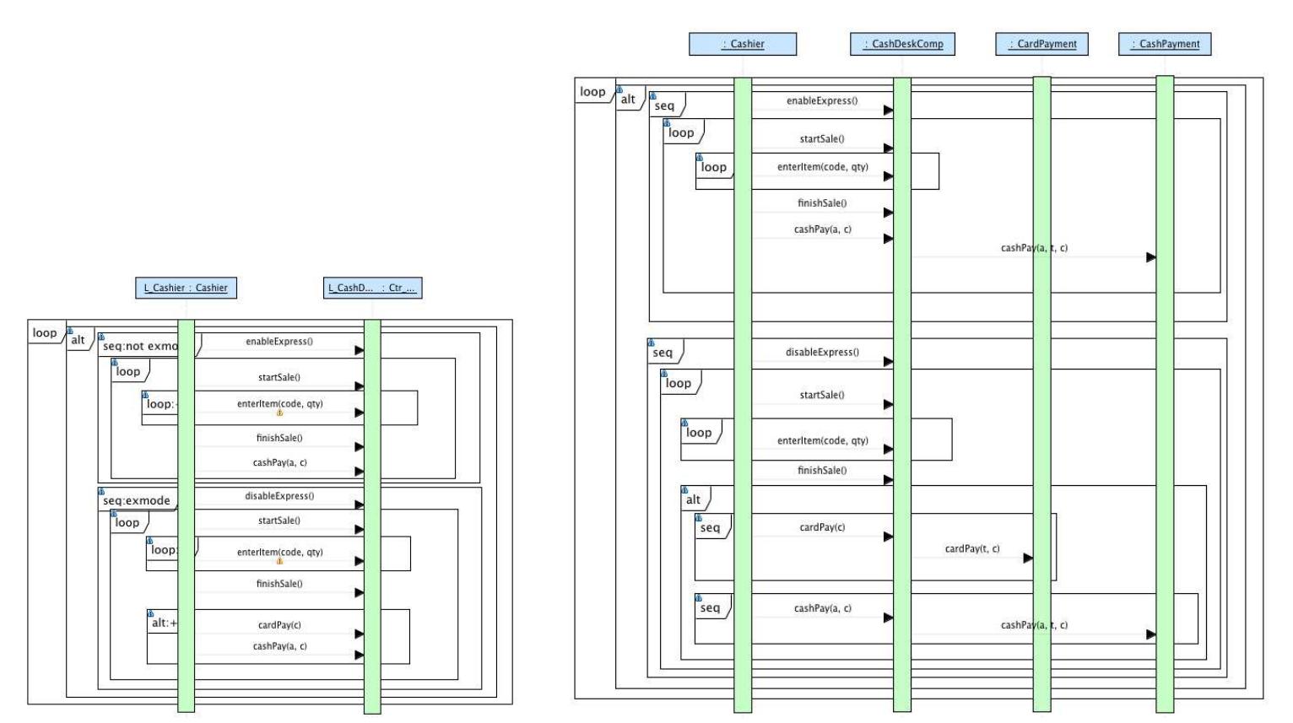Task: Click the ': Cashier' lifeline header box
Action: [x=743, y=44]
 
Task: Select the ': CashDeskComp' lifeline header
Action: [x=902, y=44]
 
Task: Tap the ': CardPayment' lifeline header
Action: [x=1041, y=44]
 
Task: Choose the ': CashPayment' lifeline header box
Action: [x=1165, y=44]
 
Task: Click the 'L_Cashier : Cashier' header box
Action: [x=186, y=288]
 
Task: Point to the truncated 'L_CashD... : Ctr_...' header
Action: [x=373, y=288]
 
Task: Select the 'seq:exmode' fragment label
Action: [x=136, y=500]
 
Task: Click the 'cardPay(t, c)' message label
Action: [x=971, y=548]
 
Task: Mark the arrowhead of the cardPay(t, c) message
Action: [x=1028, y=558]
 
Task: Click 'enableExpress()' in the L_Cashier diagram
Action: [x=279, y=342]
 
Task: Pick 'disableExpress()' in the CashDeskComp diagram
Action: [x=822, y=352]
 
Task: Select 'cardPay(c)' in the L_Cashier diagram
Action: [x=279, y=625]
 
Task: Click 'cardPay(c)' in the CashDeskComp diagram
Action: [x=822, y=527]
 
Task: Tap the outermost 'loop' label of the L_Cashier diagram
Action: [x=45, y=332]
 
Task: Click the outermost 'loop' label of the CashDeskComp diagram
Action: [x=592, y=92]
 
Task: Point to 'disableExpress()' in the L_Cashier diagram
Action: [x=279, y=496]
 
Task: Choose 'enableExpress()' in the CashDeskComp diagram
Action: [x=822, y=100]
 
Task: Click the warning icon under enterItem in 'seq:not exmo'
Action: [x=279, y=413]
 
